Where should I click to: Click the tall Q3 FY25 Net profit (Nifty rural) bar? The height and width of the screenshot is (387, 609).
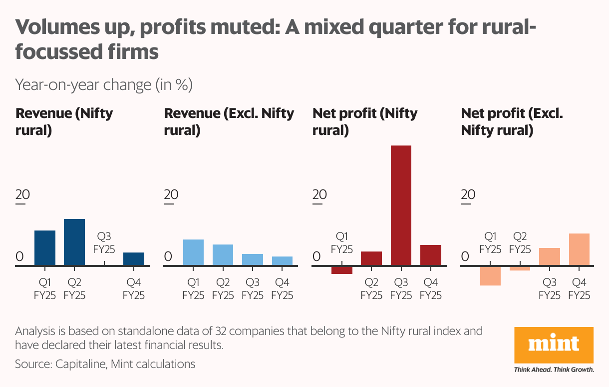[x=401, y=205]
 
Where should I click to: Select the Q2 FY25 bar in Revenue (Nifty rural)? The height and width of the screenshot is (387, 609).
[x=74, y=242]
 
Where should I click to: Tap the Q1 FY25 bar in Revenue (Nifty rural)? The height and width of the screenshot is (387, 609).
[x=45, y=247]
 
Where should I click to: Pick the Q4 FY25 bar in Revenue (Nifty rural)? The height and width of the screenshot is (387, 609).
[x=133, y=258]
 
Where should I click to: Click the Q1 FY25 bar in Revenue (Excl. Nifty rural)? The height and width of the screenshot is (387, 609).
[x=193, y=252]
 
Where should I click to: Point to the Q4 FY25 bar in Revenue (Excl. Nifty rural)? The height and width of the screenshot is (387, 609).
[x=282, y=260]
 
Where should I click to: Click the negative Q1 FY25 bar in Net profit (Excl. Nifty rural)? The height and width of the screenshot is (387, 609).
[x=490, y=275]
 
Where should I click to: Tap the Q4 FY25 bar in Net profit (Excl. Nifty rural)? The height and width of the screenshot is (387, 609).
[x=579, y=249]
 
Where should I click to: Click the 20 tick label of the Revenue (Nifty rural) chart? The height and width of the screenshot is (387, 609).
[x=23, y=194]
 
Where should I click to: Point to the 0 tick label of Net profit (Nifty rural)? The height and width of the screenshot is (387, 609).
[x=317, y=256]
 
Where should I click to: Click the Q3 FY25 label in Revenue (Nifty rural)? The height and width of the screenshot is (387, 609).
[x=104, y=242]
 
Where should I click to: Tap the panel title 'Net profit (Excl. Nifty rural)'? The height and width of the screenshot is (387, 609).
[x=512, y=122]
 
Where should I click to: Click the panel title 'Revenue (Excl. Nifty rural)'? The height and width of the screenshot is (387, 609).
[x=229, y=122]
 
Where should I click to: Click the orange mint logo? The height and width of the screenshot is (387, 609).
[x=554, y=344]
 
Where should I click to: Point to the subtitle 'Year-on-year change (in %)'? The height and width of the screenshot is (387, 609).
[x=104, y=85]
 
